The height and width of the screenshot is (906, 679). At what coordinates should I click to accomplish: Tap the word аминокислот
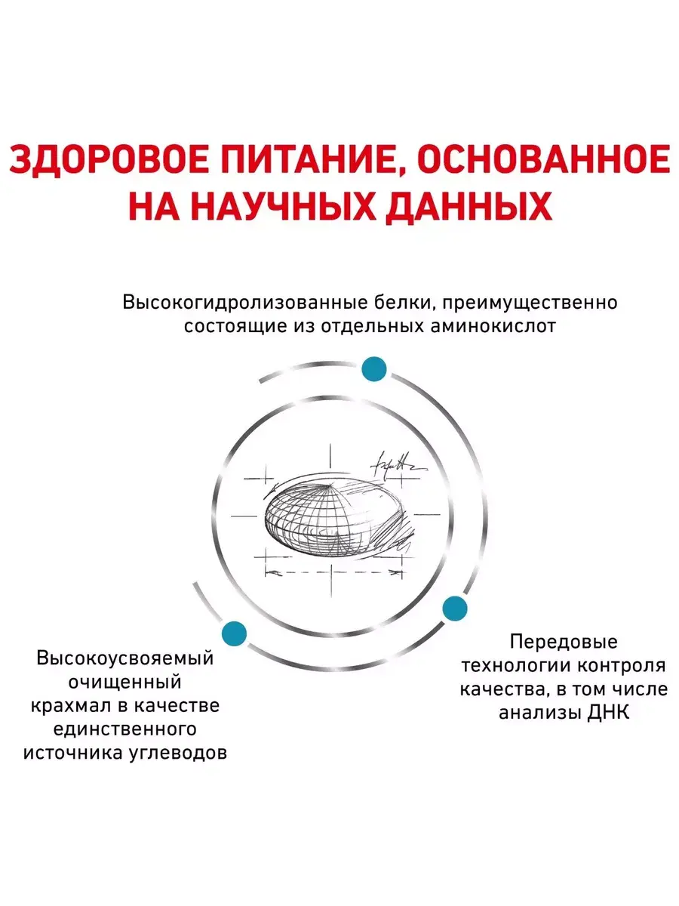tap(493, 327)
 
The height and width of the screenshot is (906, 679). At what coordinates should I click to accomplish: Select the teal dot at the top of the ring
tap(374, 368)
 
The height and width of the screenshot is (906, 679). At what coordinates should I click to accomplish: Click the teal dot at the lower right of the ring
tap(455, 609)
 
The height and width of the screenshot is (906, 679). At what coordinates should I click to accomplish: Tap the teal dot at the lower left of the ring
tap(234, 633)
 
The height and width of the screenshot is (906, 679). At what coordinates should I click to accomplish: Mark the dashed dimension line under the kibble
tap(333, 572)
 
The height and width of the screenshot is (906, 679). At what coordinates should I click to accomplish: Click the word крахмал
tap(72, 705)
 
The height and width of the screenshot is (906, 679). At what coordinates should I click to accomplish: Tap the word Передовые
tap(564, 643)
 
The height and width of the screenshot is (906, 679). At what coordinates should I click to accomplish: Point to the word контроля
tap(621, 666)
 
